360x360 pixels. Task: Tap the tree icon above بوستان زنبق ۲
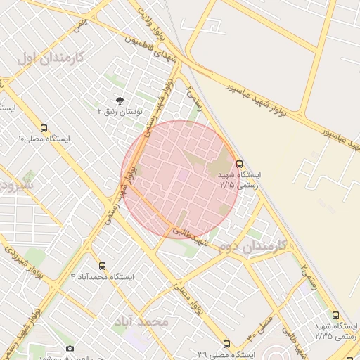pyautogui.click(x=120, y=101)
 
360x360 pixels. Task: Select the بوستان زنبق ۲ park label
pyautogui.click(x=119, y=112)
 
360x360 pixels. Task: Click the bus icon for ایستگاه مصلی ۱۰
pyautogui.click(x=44, y=129)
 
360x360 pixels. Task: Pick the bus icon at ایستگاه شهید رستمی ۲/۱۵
pyautogui.click(x=240, y=164)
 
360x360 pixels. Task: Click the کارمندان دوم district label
pyautogui.click(x=252, y=245)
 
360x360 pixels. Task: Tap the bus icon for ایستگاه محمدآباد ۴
pyautogui.click(x=103, y=266)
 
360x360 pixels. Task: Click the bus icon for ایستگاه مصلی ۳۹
pyautogui.click(x=226, y=344)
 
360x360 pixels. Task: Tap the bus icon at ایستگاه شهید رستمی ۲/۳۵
pyautogui.click(x=335, y=316)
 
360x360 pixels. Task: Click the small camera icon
pyautogui.click(x=69, y=349)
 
